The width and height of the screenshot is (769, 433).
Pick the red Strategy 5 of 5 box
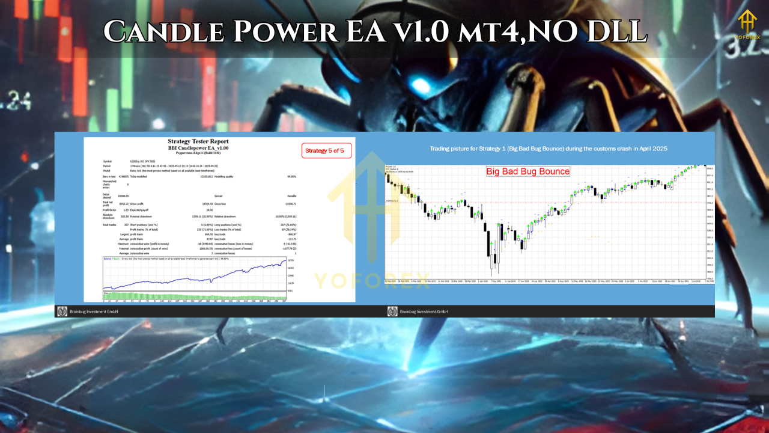tap(326, 150)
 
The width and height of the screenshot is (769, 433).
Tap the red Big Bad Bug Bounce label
tap(527, 171)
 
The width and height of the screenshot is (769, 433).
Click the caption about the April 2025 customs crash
tap(549, 148)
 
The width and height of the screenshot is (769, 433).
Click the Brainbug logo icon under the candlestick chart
tap(392, 312)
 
